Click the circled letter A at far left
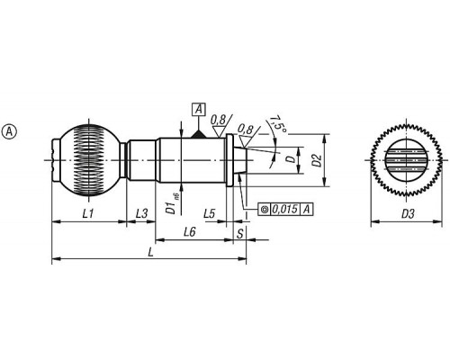coord(9,131)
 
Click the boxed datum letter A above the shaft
coord(199,110)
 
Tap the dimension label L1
coord(88,214)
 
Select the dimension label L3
coord(141,214)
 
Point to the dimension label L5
coord(210,214)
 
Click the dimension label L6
coord(190,232)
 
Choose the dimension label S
coord(240,234)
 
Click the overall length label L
coord(150,252)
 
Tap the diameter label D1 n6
coord(173,205)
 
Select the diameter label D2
coord(317,160)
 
